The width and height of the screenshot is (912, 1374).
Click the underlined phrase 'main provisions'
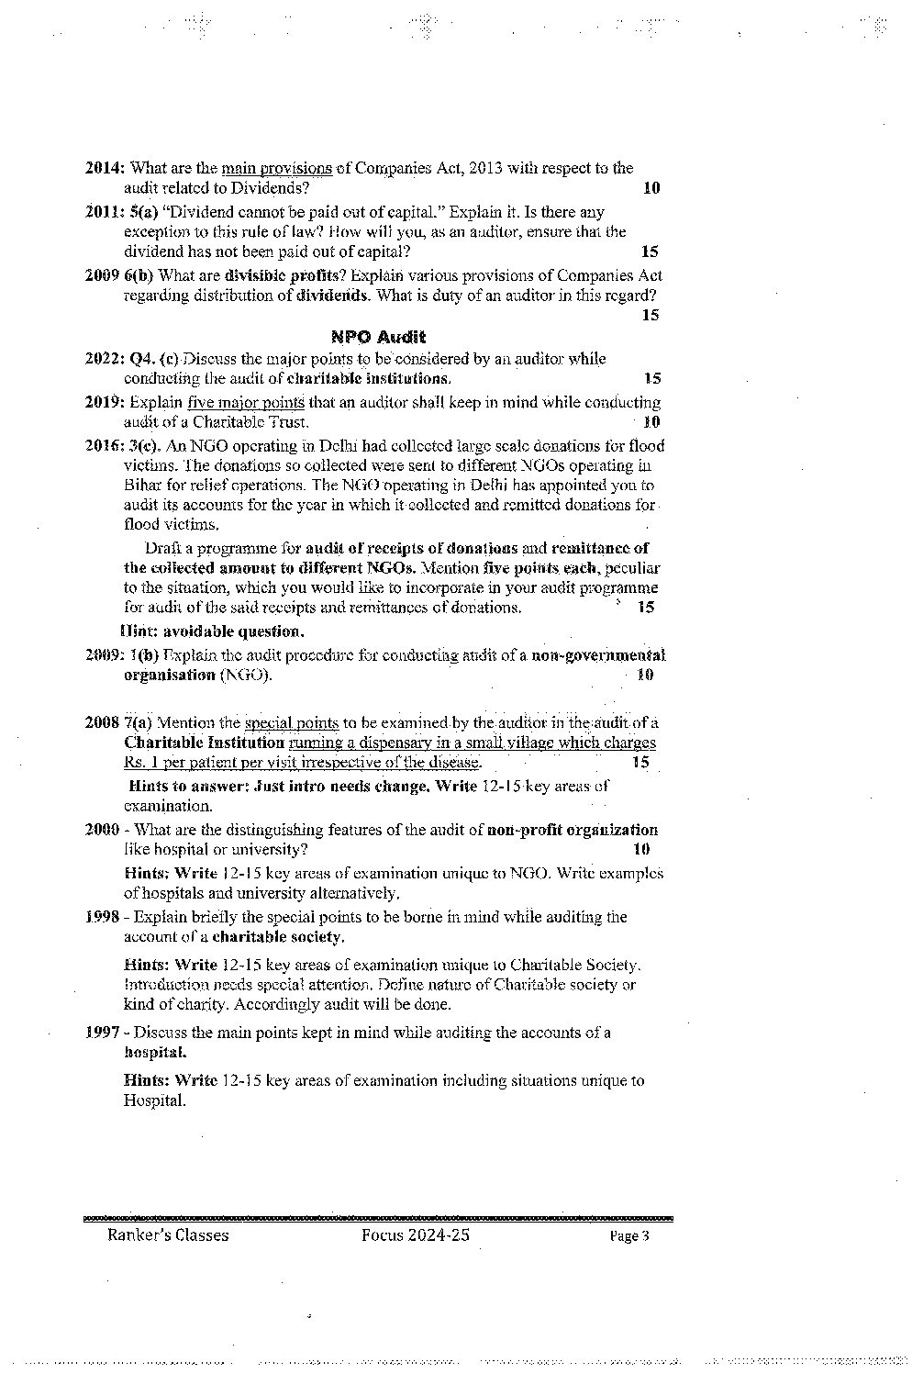point(277,168)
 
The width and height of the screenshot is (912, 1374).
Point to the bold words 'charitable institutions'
point(369,378)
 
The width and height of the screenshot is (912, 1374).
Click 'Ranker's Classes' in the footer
point(168,1235)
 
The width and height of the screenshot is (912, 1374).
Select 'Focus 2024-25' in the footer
point(416,1235)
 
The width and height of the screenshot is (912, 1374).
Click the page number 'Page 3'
point(629,1236)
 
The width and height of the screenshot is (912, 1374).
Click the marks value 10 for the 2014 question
point(651,188)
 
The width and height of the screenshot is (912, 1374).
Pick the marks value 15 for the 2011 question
point(650,251)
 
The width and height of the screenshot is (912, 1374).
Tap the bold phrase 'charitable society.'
point(278,937)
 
